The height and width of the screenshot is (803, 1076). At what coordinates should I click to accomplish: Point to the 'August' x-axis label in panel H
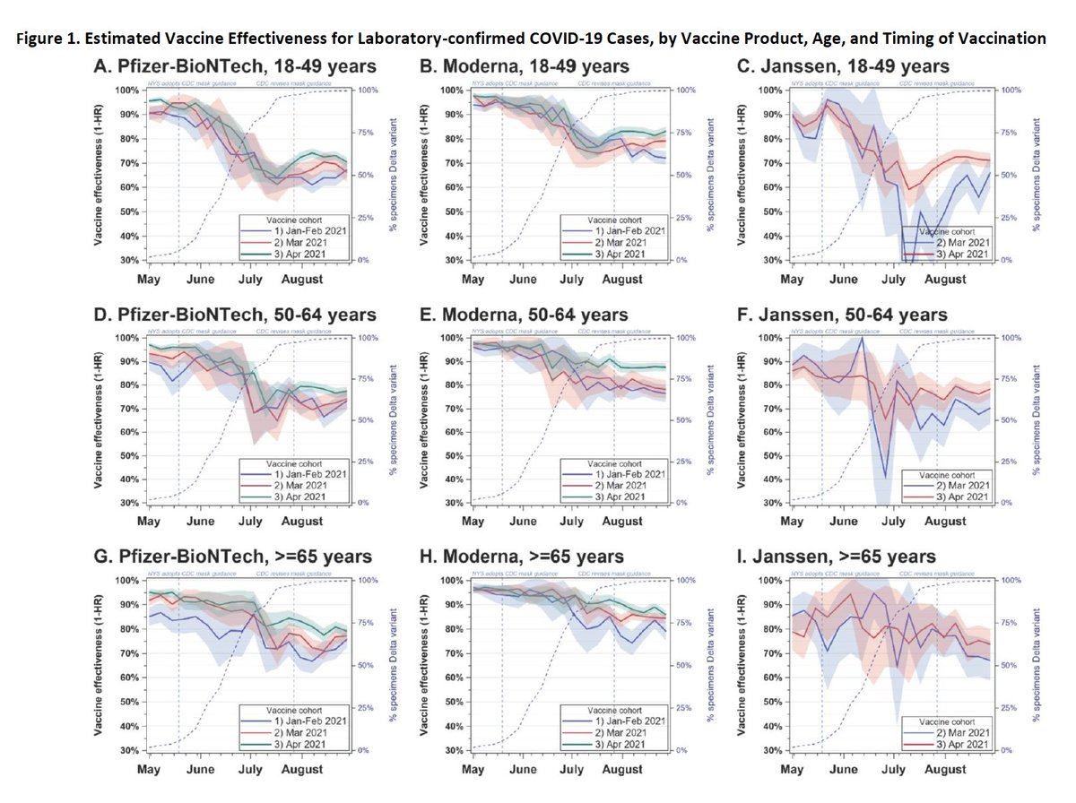[x=622, y=770]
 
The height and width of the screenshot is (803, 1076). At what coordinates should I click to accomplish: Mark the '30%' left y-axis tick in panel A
[x=128, y=260]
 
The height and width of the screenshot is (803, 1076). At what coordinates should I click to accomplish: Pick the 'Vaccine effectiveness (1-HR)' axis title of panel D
[x=105, y=419]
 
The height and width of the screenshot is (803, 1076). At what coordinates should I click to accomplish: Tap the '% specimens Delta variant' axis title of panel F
[x=1041, y=419]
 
